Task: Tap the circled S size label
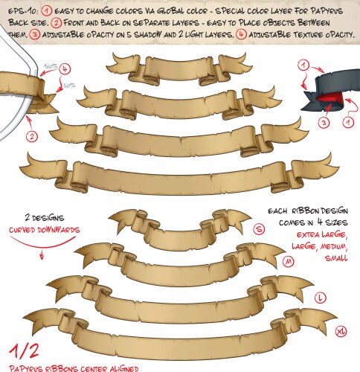(x=259, y=230)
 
